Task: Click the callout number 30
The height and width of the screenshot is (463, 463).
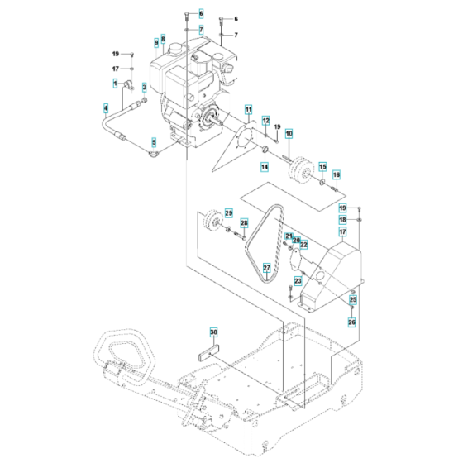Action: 213,332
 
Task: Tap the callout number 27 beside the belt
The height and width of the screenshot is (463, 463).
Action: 267,267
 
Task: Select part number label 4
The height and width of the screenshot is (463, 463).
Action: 106,107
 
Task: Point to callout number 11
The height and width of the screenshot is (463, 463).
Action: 247,110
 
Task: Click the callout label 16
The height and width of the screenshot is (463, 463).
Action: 337,175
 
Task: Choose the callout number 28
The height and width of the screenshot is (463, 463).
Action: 244,224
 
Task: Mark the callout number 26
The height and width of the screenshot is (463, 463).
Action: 352,322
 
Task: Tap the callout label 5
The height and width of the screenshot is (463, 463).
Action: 153,141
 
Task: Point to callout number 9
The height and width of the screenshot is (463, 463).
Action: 155,41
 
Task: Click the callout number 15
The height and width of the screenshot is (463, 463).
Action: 322,166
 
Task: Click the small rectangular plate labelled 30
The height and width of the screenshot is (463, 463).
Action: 212,347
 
